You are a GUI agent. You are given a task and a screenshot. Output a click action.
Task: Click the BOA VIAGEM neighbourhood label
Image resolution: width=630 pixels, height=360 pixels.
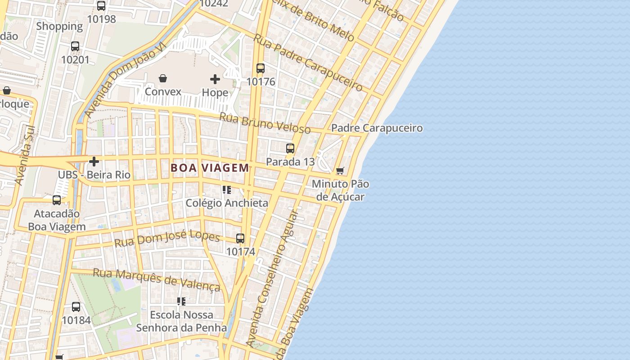click(x=210, y=168)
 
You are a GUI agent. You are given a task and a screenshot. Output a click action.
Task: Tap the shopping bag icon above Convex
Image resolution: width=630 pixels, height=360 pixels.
click(x=163, y=78)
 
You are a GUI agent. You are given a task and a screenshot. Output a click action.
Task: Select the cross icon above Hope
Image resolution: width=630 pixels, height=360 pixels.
click(x=215, y=80)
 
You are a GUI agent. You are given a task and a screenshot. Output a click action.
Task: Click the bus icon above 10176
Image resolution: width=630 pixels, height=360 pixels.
click(x=261, y=68)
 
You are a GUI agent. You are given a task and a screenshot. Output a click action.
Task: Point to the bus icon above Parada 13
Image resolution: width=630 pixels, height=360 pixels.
click(x=290, y=148)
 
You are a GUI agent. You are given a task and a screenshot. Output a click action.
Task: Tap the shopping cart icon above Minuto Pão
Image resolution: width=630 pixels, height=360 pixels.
click(x=340, y=171)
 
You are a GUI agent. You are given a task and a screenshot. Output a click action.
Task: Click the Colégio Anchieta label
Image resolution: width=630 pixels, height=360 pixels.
click(x=227, y=203)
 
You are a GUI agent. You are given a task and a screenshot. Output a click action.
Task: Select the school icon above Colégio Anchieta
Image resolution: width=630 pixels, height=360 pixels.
click(x=227, y=190)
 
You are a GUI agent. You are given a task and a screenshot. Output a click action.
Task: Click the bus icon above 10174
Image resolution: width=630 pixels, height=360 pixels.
click(x=240, y=238)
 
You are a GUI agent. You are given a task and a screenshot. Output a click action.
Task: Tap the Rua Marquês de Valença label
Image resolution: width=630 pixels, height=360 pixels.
click(x=157, y=280)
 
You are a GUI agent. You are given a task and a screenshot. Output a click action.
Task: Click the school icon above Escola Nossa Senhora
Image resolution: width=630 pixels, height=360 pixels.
click(x=181, y=301)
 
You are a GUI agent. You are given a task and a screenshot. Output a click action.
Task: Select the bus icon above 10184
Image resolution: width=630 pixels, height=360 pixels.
click(x=76, y=307)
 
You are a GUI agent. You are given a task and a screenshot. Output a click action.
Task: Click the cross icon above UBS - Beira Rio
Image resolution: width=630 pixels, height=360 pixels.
click(x=94, y=161)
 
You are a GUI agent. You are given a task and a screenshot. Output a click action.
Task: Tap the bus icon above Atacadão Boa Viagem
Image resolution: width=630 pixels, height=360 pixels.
click(x=57, y=200)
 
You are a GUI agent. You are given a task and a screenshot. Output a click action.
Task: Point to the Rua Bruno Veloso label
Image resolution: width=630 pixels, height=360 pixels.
click(x=265, y=123)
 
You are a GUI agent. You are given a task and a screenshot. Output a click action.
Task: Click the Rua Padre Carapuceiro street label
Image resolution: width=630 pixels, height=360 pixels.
click(x=308, y=62)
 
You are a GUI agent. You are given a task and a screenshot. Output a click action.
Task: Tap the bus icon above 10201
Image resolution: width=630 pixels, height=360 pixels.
click(x=75, y=46)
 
